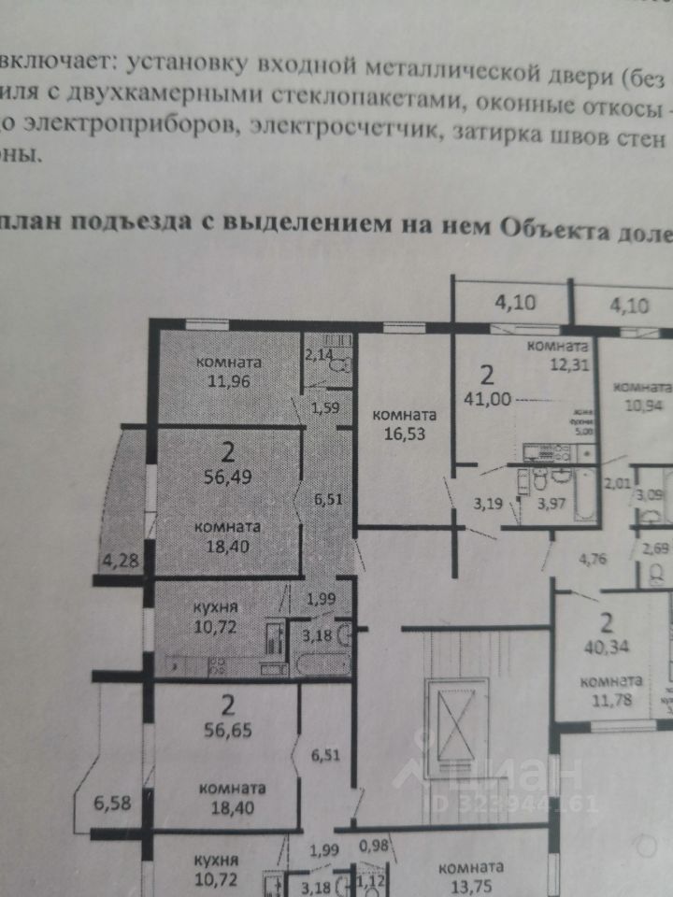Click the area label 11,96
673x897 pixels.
pyautogui.click(x=228, y=380)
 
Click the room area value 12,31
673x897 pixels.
pyautogui.click(x=558, y=365)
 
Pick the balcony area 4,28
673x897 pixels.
pyautogui.click(x=118, y=561)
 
